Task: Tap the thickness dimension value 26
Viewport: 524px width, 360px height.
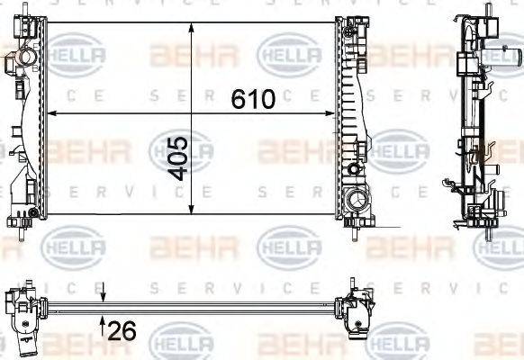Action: (x=122, y=330)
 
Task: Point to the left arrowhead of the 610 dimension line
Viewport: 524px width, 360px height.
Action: (x=50, y=113)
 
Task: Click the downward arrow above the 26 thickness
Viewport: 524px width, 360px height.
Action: (x=103, y=293)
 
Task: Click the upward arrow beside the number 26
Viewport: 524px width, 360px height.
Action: (x=103, y=321)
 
